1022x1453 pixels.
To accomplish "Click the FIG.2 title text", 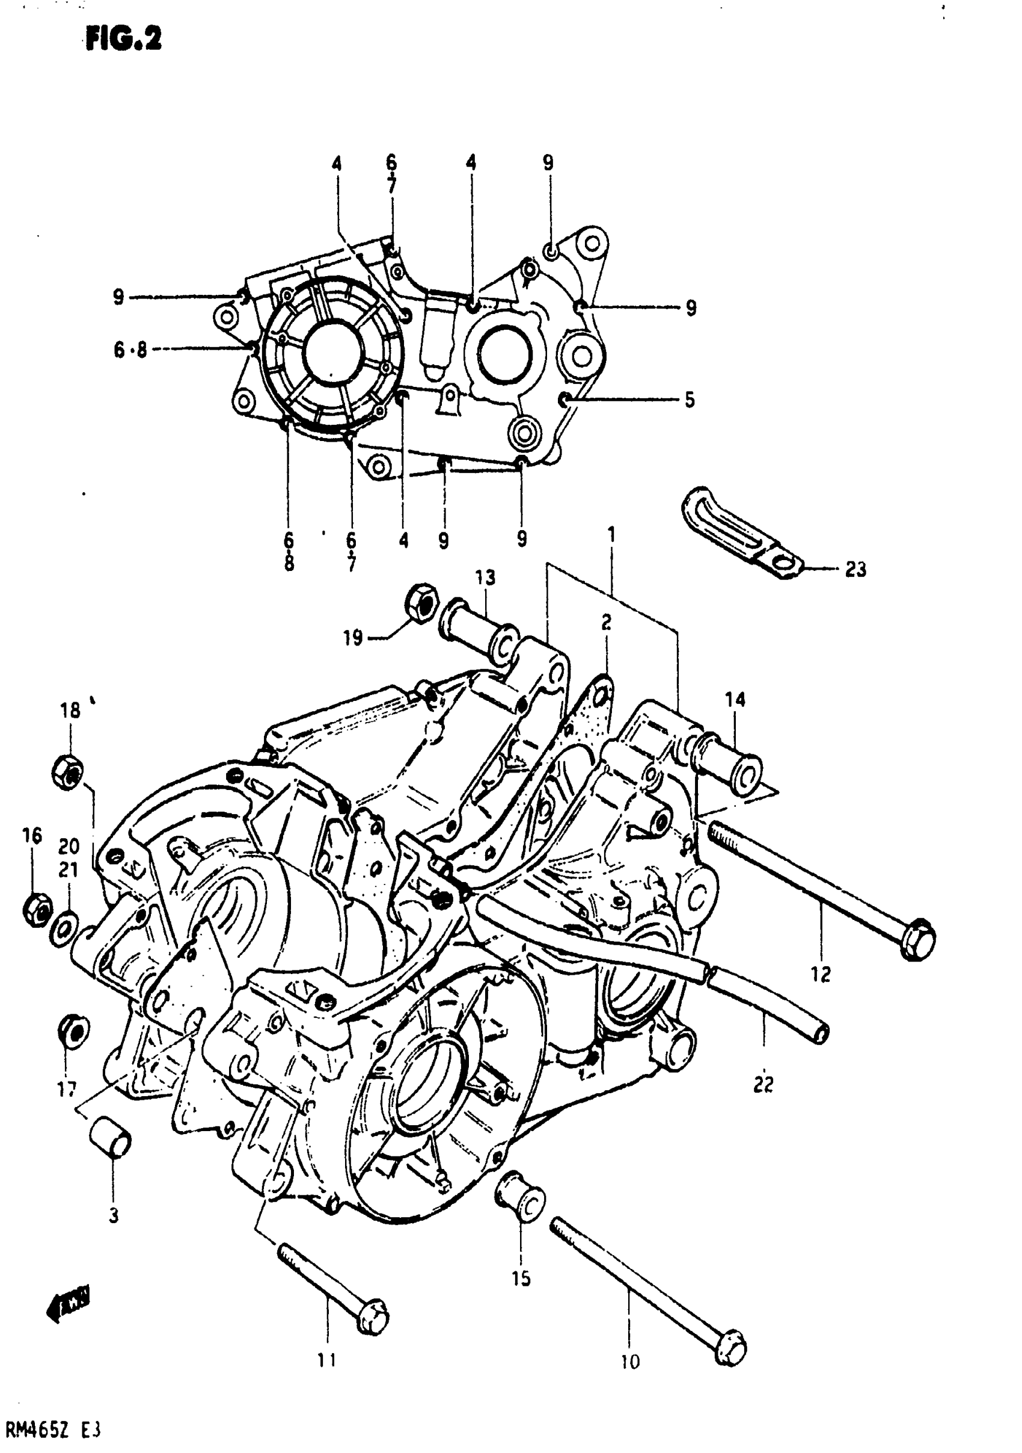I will tap(124, 39).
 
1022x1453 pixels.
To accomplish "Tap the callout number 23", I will tap(855, 570).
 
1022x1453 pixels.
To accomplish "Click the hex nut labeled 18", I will tap(68, 772).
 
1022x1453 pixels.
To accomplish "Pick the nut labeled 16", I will tap(38, 910).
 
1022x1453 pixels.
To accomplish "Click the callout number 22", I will tap(763, 1085).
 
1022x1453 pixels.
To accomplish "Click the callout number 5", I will tap(690, 400).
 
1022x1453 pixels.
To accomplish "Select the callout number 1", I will tap(611, 535).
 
